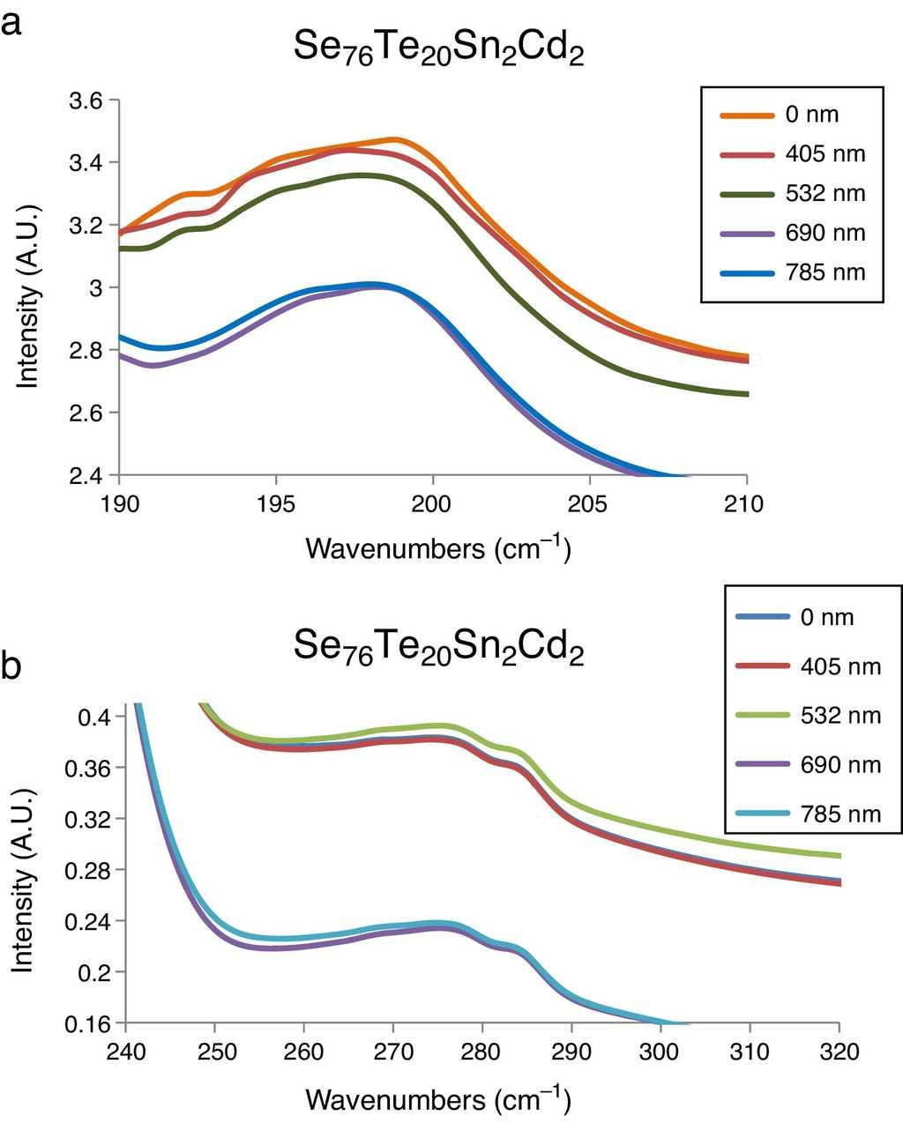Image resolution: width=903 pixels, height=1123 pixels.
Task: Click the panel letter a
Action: click(11, 24)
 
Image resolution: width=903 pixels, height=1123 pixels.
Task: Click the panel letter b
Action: click(12, 667)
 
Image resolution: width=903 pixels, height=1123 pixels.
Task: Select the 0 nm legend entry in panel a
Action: click(792, 115)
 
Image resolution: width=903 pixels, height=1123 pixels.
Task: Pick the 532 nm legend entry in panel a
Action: click(792, 194)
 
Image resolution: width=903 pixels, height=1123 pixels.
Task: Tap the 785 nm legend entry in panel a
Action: click(792, 272)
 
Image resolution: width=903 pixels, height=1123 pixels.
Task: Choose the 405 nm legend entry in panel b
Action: click(810, 666)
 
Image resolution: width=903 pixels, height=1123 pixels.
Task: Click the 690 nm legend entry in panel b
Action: click(810, 764)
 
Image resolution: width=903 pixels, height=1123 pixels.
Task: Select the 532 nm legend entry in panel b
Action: click(810, 715)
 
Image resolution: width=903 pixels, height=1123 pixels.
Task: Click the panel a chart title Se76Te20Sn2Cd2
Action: click(438, 53)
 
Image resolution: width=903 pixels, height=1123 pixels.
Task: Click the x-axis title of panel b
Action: click(438, 1099)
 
